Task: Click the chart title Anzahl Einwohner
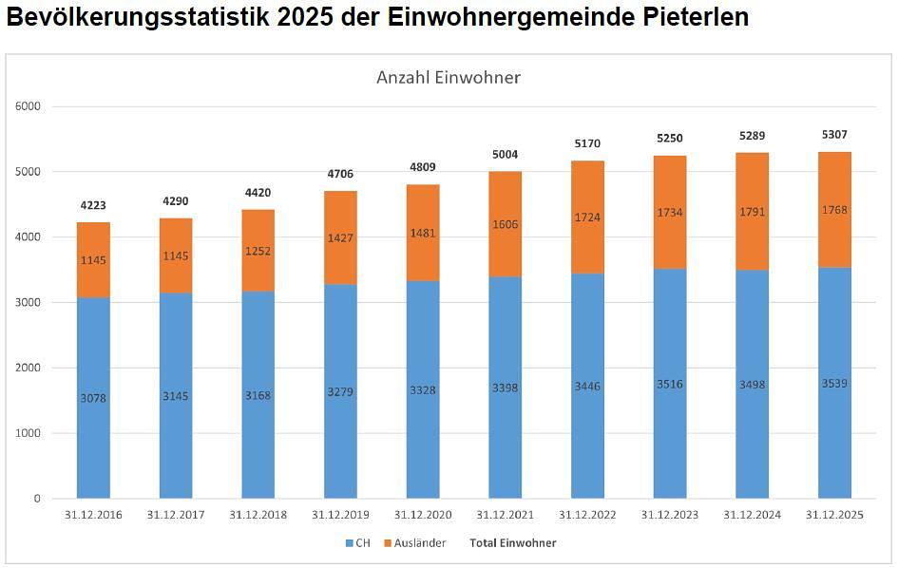448,78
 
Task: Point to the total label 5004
505,155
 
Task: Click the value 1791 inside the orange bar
752,212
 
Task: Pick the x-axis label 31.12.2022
587,515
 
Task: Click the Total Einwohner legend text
513,543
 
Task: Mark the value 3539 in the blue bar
834,384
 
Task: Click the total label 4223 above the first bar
93,205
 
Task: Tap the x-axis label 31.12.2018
258,515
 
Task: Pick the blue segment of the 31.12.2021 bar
505,437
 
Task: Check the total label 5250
669,139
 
